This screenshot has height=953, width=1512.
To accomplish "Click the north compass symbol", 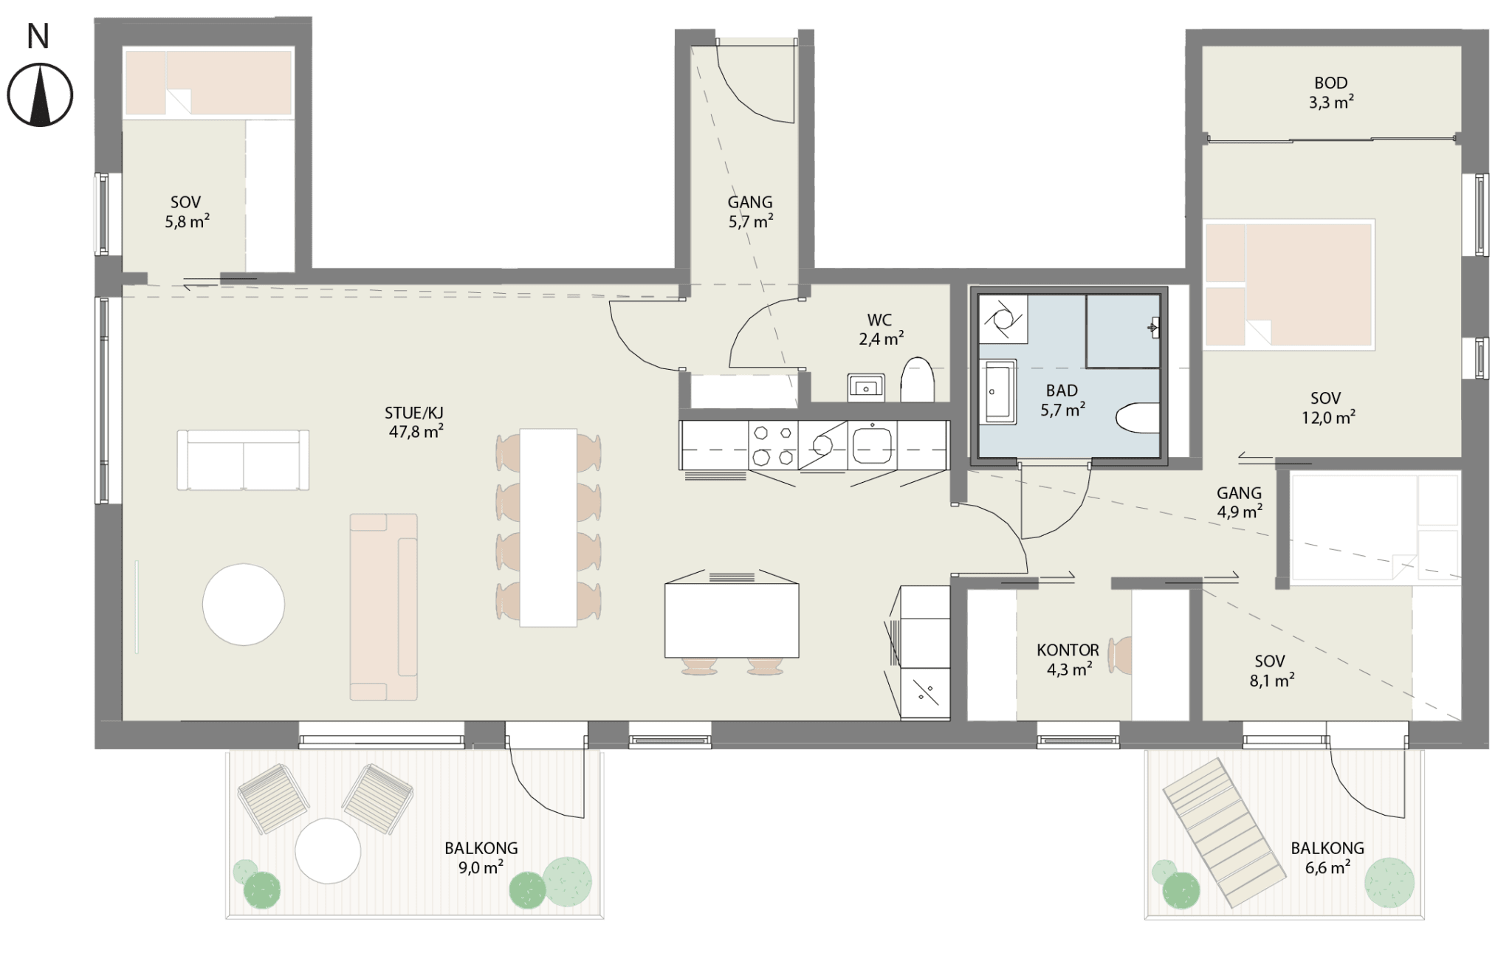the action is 40,95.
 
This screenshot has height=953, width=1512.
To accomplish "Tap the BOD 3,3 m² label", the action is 1331,93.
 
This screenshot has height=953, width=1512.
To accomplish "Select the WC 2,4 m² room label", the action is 881,329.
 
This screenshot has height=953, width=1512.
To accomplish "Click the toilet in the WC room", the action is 918,379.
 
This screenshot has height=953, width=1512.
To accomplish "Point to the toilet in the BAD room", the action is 1138,419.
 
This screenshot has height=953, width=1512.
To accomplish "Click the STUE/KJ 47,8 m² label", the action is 416,422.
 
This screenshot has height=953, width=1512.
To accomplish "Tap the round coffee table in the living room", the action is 244,604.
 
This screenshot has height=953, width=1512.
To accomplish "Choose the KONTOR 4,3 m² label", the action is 1068,660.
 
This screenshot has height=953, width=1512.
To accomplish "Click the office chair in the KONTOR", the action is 1122,656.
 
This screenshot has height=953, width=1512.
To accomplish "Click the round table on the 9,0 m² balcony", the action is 328,850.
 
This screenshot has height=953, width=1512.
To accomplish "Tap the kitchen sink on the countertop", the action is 872,446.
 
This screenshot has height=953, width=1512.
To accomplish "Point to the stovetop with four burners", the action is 773,445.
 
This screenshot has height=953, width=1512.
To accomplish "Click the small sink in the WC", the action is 866,386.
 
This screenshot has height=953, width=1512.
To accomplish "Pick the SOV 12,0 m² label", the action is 1327,408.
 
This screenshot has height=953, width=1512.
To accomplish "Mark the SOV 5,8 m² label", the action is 187,212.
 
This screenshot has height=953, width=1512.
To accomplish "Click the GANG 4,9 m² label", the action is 1240,502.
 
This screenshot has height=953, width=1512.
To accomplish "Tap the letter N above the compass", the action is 38,36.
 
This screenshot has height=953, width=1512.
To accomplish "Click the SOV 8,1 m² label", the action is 1271,670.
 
